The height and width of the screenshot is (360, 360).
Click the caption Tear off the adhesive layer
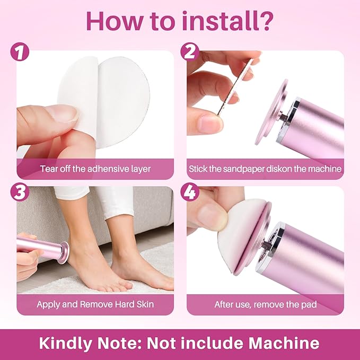tap(95, 169)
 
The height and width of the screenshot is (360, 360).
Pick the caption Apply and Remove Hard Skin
tap(95, 304)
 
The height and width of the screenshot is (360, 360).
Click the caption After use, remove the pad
tap(265, 304)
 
